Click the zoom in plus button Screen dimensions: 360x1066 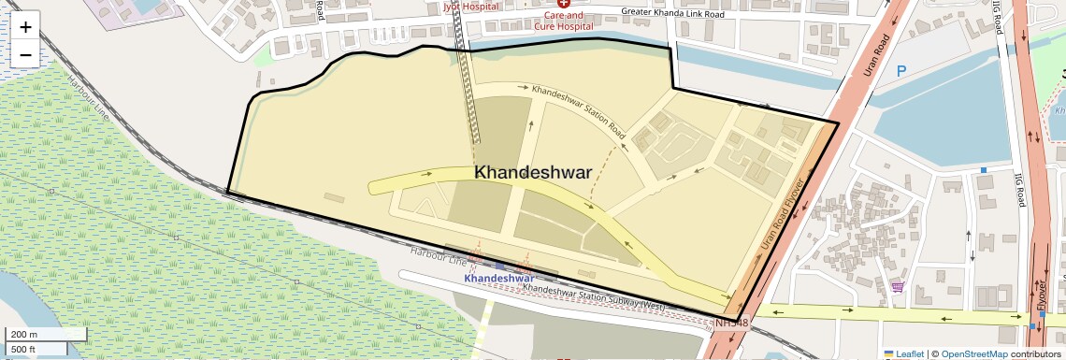(25, 27)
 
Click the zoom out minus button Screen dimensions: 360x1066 (25, 54)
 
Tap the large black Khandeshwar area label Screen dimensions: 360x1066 (533, 173)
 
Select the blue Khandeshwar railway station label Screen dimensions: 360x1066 (498, 279)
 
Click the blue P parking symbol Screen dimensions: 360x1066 (901, 71)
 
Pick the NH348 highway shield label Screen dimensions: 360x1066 (732, 324)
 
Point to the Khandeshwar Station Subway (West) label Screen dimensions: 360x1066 (594, 297)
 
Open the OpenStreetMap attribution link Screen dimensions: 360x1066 (973, 353)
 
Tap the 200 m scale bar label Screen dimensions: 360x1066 (23, 334)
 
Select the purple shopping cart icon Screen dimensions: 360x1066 (899, 288)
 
